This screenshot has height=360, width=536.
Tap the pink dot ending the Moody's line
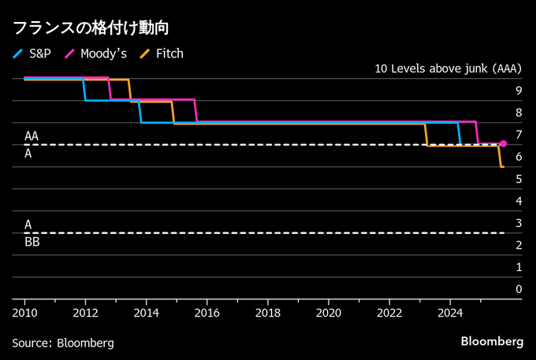tap(504, 144)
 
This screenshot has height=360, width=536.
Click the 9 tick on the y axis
tap(518, 90)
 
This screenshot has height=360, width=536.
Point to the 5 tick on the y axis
tap(518, 179)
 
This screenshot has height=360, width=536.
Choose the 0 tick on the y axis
tap(518, 289)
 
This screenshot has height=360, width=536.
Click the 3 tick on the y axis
tap(518, 223)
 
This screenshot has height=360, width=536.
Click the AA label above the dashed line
tap(32, 136)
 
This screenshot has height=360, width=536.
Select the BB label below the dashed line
tap(32, 243)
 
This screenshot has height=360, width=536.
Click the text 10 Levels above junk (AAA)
tap(447, 69)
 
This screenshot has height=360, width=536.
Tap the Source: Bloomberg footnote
tap(62, 343)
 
